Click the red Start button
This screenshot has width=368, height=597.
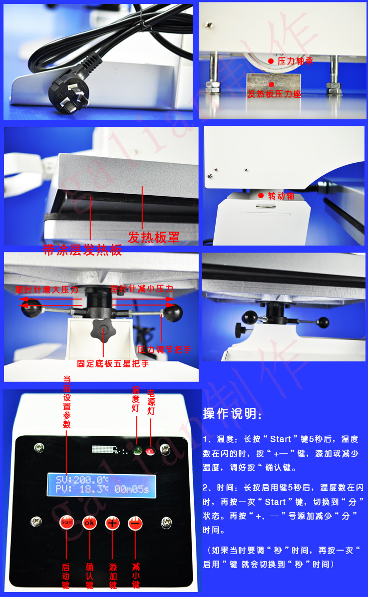(66, 523)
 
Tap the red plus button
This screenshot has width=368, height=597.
(112, 523)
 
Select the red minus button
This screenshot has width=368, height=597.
(135, 523)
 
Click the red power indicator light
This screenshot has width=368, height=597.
(150, 452)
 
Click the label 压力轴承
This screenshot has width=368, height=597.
(295, 61)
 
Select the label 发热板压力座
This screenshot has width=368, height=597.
(274, 94)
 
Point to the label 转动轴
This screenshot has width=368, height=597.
(281, 196)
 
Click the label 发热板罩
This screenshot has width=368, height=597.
(154, 237)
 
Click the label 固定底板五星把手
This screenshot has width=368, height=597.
(113, 363)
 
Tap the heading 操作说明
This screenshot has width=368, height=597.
(232, 414)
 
